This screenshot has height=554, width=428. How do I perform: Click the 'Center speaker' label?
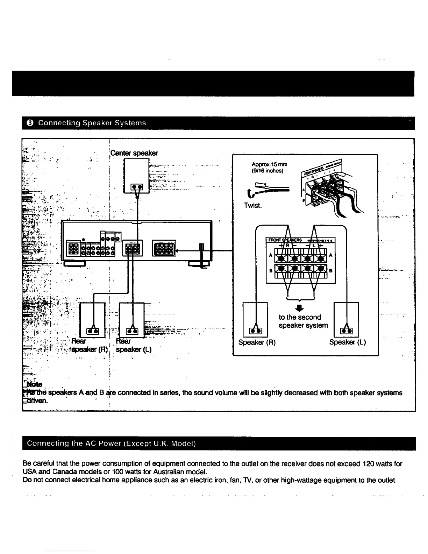click(134, 153)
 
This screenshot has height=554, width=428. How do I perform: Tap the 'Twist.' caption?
click(253, 205)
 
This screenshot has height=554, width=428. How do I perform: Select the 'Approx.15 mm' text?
click(269, 164)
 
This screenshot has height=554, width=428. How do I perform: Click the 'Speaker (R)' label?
click(257, 342)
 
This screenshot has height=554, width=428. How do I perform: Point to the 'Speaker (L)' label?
click(348, 342)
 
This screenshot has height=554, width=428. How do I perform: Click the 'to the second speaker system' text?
click(303, 321)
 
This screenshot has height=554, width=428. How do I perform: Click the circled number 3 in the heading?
click(30, 123)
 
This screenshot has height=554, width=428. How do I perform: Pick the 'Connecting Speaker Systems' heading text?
click(92, 123)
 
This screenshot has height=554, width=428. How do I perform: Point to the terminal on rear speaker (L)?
click(132, 331)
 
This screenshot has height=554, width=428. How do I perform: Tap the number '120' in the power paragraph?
click(369, 464)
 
